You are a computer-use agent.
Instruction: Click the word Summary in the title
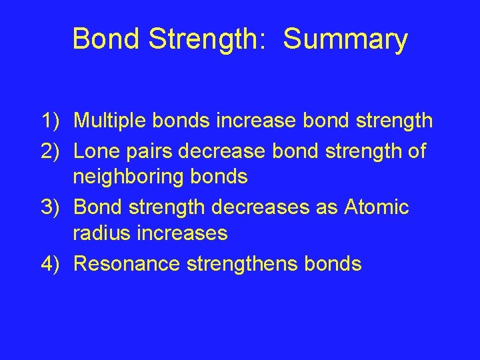[345, 39]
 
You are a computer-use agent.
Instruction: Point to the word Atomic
[377, 207]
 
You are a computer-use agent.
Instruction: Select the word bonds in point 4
[333, 264]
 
